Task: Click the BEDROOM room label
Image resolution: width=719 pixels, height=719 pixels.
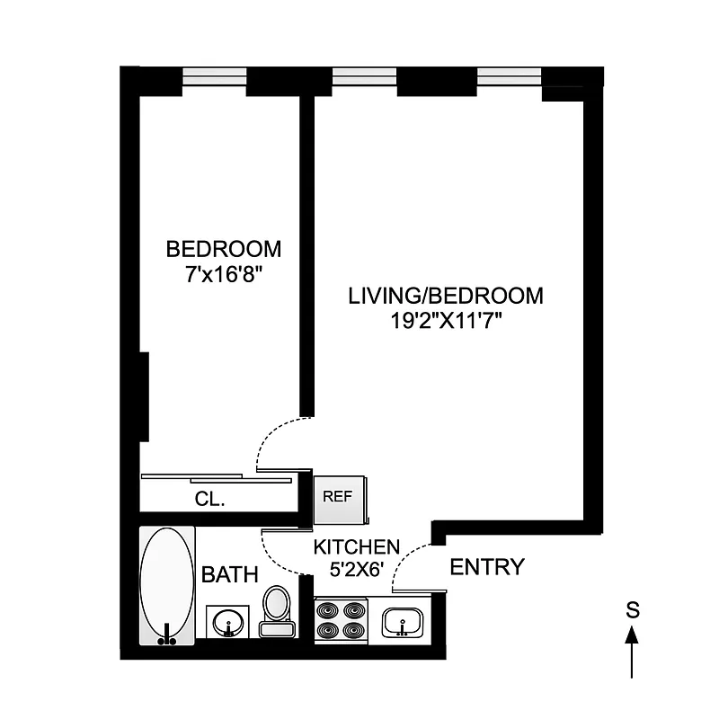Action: [x=224, y=248]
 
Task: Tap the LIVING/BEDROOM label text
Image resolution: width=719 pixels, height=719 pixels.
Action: [x=446, y=296]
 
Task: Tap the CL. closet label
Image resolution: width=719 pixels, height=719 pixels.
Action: [x=209, y=500]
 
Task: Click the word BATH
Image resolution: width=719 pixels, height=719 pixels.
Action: [x=229, y=574]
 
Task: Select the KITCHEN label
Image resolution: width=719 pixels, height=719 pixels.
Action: [x=356, y=546]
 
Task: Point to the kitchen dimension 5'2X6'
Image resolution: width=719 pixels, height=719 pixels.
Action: [x=356, y=568]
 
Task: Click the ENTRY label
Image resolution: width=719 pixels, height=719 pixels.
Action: [x=486, y=567]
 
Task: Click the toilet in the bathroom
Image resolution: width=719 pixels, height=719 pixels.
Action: [x=277, y=610]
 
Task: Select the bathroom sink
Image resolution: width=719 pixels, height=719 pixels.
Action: [x=230, y=622]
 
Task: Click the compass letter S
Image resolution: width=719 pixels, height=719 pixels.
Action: [x=633, y=610]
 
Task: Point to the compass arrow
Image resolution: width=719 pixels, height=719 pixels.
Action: [x=633, y=651]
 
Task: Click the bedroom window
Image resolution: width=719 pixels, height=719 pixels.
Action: [x=214, y=78]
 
